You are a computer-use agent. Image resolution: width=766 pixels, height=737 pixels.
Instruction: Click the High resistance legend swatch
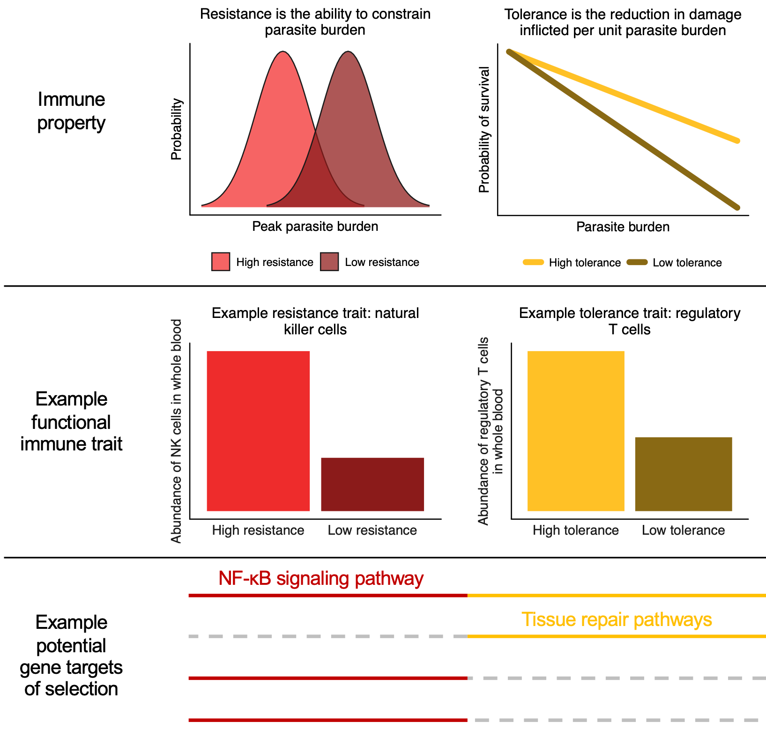coord(221,262)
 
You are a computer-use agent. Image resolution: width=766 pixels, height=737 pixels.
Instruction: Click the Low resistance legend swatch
coord(329,262)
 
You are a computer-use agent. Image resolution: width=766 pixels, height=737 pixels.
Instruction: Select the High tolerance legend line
coord(533,262)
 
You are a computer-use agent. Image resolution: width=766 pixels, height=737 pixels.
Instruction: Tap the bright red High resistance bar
coord(258,431)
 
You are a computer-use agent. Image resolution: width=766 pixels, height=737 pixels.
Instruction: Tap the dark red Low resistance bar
coord(372,484)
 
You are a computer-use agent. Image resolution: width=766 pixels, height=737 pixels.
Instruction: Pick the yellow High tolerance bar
coord(576,431)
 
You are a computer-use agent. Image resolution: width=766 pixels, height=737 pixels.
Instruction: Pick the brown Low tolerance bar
coord(684,474)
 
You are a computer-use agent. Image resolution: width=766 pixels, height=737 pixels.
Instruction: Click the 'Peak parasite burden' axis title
coord(315,227)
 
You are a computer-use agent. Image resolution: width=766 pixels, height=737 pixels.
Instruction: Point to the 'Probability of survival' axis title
coord(484,130)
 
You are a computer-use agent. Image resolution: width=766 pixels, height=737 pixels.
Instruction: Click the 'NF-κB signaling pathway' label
coord(321,579)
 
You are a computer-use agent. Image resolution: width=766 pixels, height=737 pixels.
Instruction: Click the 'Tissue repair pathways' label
coord(617,619)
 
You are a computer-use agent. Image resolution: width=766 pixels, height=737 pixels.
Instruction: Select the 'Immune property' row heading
coord(71,111)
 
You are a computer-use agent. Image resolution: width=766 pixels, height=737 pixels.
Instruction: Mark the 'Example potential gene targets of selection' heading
coord(71,656)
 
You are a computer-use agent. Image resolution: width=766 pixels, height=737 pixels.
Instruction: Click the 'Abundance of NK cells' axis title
coord(176,431)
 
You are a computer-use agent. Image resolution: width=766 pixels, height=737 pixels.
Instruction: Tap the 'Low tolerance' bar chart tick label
coord(683,531)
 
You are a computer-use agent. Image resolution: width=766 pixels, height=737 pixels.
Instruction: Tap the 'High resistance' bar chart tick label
coord(258,531)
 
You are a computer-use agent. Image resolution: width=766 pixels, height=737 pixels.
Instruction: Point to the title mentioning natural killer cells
coord(315,321)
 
